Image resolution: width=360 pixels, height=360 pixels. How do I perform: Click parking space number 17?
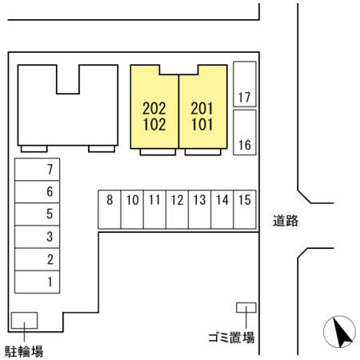pos(245,84)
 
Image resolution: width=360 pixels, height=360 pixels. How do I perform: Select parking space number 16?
pos(245,132)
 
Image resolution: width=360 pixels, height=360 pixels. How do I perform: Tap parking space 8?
pos(110,210)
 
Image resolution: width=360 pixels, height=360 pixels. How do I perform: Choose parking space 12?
pos(177,210)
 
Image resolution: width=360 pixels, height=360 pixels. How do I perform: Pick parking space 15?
pos(245,210)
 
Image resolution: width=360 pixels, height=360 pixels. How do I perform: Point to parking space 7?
pos(37,170)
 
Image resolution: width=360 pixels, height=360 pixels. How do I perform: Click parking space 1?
pos(37,282)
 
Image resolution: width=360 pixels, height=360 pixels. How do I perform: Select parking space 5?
pos(37,214)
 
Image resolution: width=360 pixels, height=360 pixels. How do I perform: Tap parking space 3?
pos(37,237)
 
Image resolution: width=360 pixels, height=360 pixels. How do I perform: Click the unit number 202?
pos(154,109)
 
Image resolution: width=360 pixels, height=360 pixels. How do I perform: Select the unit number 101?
pos(202,125)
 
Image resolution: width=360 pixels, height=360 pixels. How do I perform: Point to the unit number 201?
pos(202,109)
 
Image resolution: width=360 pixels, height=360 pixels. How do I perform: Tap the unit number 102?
pos(154,125)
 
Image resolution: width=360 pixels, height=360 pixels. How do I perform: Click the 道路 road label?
pos(286,221)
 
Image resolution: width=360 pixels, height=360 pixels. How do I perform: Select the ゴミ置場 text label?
pos(231,338)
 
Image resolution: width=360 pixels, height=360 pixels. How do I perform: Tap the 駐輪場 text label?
pos(24,351)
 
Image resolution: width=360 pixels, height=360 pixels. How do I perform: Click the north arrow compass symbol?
pos(339,332)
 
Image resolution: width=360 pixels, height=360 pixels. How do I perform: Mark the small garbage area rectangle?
pos(246,307)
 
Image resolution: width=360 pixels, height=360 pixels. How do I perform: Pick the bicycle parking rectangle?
pos(24,320)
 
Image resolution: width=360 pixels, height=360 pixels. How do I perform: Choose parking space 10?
pos(132,210)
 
